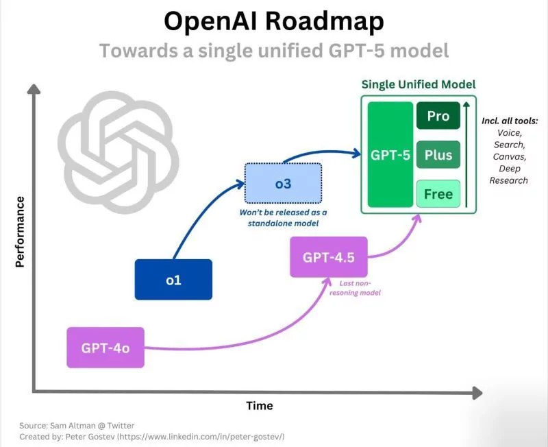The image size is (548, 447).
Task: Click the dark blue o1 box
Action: click(173, 280)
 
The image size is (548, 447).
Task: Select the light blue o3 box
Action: click(283, 182)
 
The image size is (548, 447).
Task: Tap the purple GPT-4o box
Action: click(105, 348)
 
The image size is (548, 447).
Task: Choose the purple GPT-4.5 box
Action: click(329, 257)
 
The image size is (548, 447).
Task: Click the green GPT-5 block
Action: click(390, 155)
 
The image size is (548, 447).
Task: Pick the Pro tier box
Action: click(438, 116)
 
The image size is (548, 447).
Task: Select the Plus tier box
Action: click(438, 155)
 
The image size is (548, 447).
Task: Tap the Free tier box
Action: click(438, 194)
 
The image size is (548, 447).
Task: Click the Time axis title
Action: click(260, 406)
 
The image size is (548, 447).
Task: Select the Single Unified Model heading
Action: click(419, 84)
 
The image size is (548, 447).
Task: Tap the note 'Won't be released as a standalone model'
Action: click(283, 217)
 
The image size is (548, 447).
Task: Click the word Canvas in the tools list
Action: click(508, 156)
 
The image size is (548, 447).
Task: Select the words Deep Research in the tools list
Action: click(508, 174)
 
